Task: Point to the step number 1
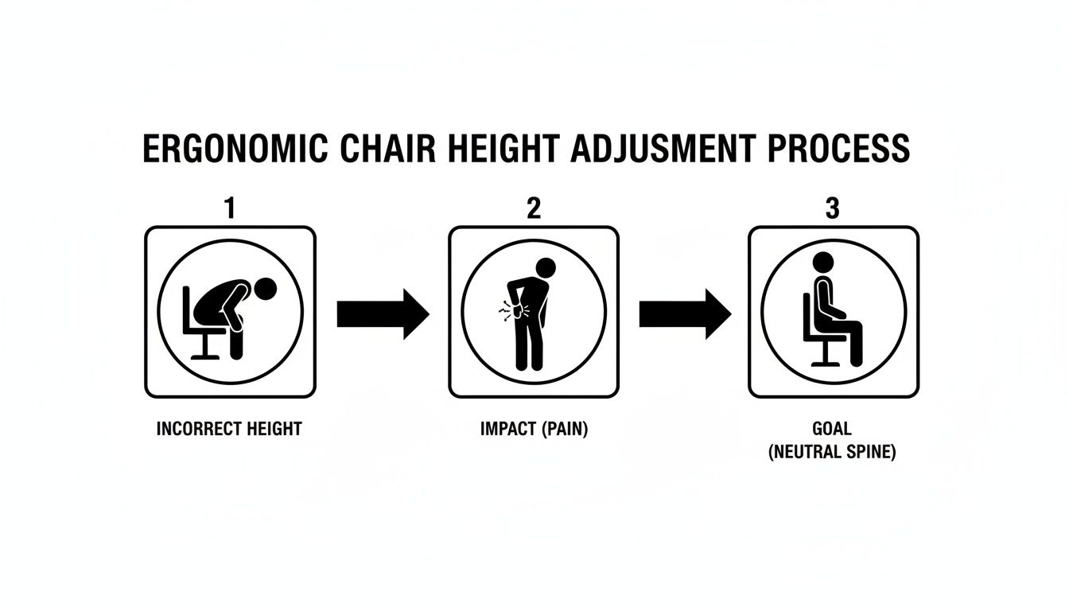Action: point(230,208)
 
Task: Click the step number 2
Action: point(533,208)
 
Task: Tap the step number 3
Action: point(833,208)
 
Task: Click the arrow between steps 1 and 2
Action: point(383,313)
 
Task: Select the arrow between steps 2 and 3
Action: point(685,313)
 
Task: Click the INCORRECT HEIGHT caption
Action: point(230,429)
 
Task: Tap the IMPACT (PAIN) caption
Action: point(534,429)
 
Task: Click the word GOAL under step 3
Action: point(832,429)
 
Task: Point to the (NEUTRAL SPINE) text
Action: point(832,453)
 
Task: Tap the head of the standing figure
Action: point(546,268)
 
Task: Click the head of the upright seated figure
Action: point(822,263)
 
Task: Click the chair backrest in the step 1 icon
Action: point(187,306)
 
